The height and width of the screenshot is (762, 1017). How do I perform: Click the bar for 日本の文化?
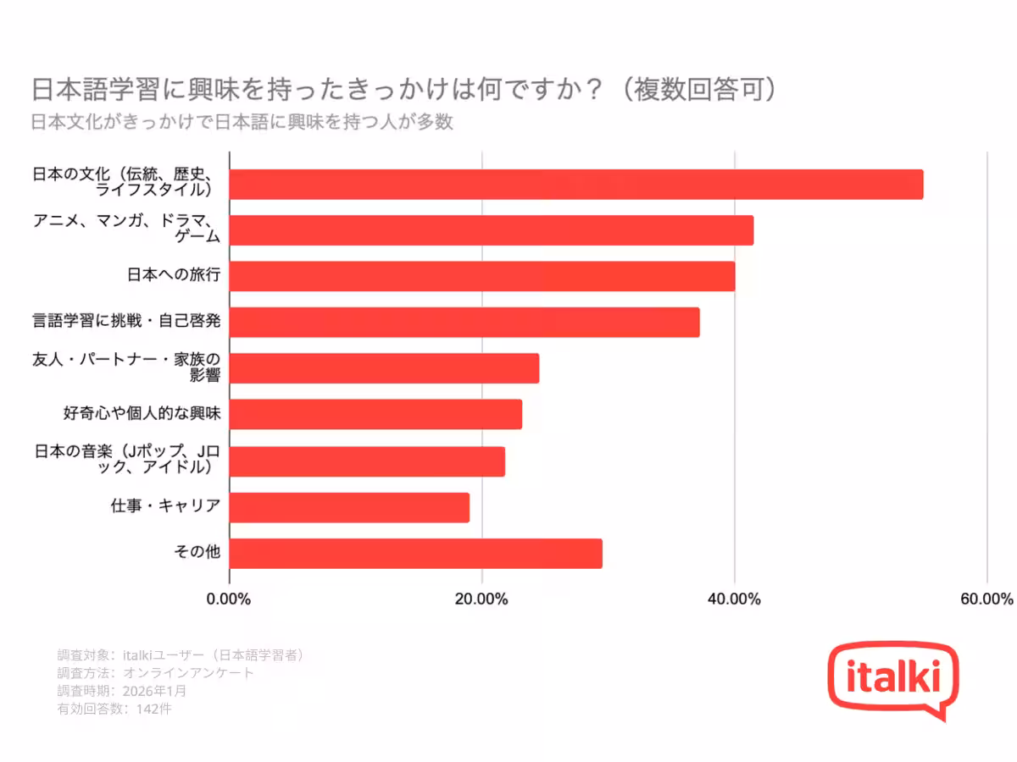pos(576,185)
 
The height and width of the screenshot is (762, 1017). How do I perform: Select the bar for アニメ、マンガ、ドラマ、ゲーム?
pos(492,230)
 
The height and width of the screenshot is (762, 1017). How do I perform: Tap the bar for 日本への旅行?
pos(482,276)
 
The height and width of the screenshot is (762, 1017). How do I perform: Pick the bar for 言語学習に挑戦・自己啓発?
pos(464,323)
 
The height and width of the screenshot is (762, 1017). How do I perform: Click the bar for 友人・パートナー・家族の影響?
pos(384,368)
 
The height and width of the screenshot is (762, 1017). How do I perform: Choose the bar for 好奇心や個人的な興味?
pos(375,414)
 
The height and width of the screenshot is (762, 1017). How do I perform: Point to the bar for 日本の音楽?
pos(367,461)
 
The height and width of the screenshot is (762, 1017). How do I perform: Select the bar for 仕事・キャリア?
pos(349,507)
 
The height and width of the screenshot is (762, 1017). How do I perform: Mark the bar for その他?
pos(415,553)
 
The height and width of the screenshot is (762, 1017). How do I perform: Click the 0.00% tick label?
pos(229,599)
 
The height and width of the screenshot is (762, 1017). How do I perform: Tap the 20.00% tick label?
pos(481,599)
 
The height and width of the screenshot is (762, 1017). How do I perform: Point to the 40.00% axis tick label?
pos(734,599)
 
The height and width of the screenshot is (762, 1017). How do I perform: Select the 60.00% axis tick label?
pos(986,599)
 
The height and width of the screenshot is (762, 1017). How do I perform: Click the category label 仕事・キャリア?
pos(165,506)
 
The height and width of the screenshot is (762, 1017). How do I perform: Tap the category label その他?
pos(197,552)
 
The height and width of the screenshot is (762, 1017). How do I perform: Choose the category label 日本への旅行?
pos(173,275)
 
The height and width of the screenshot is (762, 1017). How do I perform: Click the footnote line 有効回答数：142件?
pos(114,709)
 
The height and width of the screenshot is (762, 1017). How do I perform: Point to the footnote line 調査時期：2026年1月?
pos(122,691)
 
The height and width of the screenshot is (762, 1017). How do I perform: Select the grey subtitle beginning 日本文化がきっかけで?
pos(242,122)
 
